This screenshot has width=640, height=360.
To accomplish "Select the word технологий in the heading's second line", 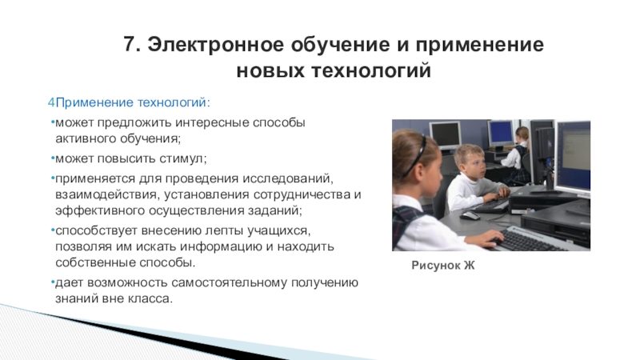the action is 371,70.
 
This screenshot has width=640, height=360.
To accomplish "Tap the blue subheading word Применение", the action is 94,102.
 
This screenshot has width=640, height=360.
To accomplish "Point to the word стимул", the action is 183,158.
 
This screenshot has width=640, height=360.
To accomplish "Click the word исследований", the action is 288,178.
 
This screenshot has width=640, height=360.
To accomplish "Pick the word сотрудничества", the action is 302,194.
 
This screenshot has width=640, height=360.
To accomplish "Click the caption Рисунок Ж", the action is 443,266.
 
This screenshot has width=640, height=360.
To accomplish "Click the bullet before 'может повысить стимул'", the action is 53,158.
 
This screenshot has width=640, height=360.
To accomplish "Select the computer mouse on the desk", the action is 470,215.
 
